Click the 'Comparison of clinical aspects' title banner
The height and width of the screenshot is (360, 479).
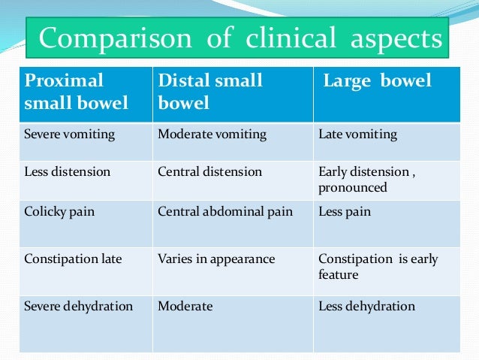(x=237, y=38)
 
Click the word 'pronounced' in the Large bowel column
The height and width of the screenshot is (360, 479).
(x=353, y=188)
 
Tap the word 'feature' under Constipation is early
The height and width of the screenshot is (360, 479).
(x=338, y=274)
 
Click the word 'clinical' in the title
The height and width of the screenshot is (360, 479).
(x=291, y=38)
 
